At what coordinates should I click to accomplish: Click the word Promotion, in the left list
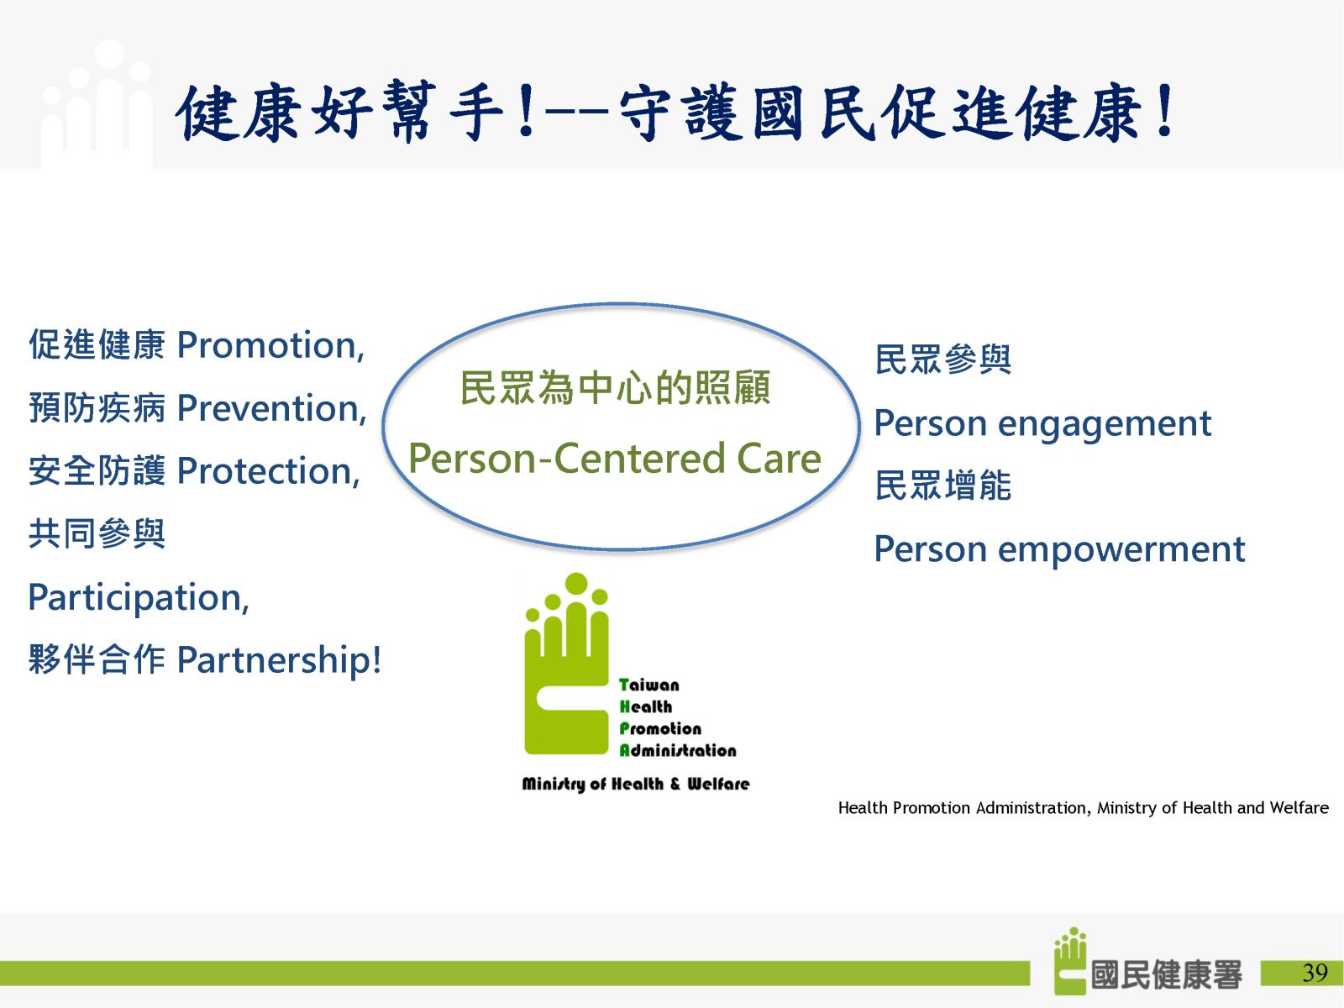[x=270, y=345]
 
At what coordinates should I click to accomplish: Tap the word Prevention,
[x=272, y=408]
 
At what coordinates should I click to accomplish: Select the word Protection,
[x=269, y=471]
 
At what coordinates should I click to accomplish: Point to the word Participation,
[x=139, y=599]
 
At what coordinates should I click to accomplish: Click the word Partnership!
[x=279, y=660]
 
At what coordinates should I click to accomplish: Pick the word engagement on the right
[x=1105, y=424]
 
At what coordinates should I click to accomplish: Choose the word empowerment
[x=1121, y=550]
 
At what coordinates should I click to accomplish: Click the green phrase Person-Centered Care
[x=615, y=459]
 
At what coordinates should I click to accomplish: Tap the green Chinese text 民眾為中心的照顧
[x=615, y=388]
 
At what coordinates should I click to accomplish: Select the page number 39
[x=1315, y=973]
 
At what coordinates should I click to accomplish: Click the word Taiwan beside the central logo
[x=649, y=685]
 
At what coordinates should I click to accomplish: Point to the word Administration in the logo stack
[x=678, y=750]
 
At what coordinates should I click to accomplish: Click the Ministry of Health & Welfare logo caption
[x=636, y=784]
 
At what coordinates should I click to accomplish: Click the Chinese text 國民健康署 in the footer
[x=1167, y=974]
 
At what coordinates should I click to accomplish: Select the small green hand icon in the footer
[x=1070, y=961]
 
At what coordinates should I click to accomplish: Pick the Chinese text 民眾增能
[x=943, y=486]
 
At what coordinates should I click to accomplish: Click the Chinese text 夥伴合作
[x=97, y=659]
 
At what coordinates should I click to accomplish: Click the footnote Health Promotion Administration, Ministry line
[x=1083, y=808]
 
